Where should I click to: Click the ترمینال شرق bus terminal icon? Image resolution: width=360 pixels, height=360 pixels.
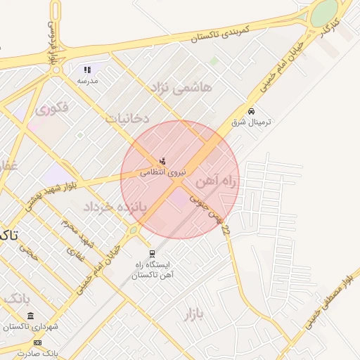click(251, 111)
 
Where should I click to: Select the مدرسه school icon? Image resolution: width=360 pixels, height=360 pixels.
click(88, 70)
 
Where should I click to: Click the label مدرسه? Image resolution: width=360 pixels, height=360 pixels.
click(87, 81)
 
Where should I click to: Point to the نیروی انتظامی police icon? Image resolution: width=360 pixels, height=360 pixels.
click(163, 162)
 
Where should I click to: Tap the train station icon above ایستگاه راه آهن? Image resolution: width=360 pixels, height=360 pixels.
click(151, 254)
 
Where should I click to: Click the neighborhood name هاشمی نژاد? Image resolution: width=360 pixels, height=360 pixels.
click(181, 87)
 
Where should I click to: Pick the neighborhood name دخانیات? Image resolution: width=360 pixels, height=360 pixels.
click(127, 118)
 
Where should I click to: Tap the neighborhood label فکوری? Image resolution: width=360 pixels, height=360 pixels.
click(51, 108)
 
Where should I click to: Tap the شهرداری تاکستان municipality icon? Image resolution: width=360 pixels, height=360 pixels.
click(31, 316)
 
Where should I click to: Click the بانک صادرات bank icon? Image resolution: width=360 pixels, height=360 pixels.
click(37, 342)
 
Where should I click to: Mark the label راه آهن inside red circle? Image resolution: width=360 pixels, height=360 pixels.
click(215, 182)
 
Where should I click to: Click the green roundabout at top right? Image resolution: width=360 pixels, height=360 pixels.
click(324, 12)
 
